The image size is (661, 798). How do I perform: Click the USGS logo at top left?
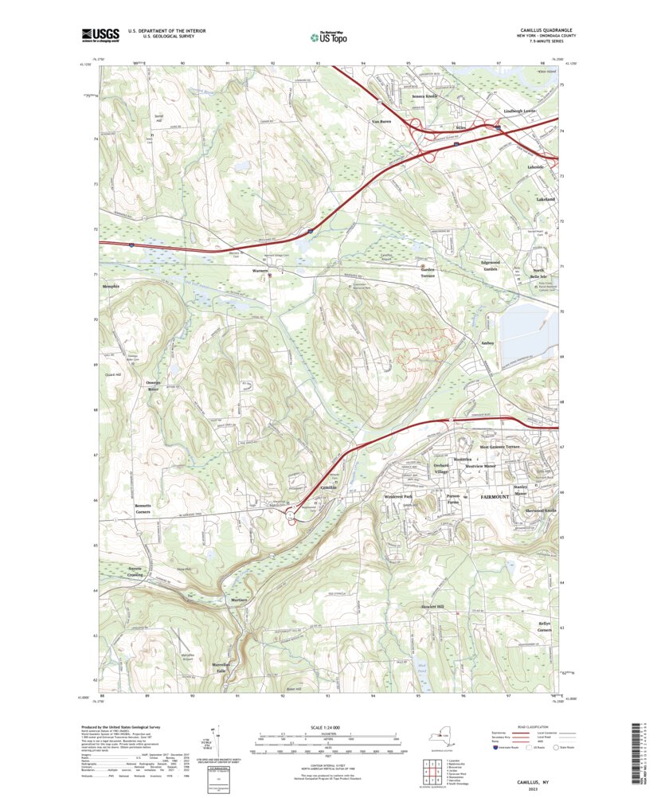click(x=100, y=34)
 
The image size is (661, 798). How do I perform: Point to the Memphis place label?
click(x=111, y=285)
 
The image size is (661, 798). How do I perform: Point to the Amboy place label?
click(x=487, y=343)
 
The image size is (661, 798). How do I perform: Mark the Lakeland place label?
click(x=546, y=198)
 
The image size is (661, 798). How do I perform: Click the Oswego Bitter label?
click(x=154, y=385)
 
